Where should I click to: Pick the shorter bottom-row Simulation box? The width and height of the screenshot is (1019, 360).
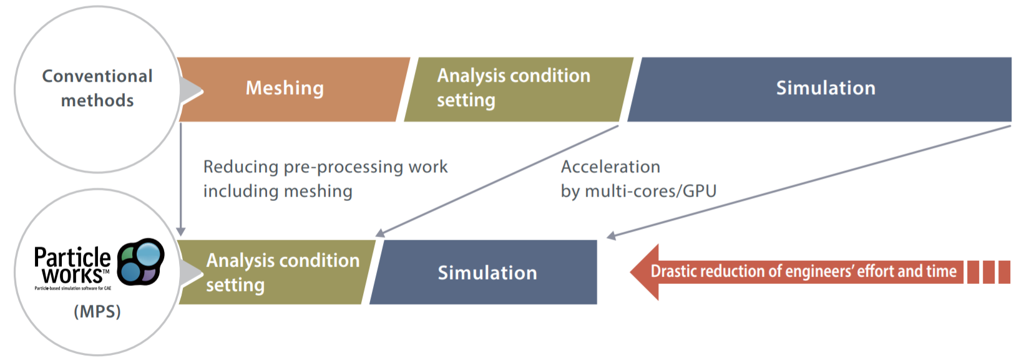point(487,273)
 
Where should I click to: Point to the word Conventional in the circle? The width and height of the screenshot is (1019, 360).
point(97,76)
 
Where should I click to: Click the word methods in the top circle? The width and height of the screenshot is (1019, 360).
point(97,100)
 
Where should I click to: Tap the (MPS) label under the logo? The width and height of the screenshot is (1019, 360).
point(97,311)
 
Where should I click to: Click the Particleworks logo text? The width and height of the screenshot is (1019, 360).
point(72,265)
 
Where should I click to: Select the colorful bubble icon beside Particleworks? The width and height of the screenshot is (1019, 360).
point(141,261)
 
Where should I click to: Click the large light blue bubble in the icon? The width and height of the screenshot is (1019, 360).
point(149,254)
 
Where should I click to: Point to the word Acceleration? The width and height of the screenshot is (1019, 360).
point(610,167)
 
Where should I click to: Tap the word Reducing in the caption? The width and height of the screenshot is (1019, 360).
point(241,167)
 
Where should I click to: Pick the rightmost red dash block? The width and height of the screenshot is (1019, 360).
point(1004,272)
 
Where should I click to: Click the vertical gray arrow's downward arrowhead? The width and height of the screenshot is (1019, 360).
point(181,231)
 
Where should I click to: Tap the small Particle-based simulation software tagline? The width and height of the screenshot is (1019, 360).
point(72,288)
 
